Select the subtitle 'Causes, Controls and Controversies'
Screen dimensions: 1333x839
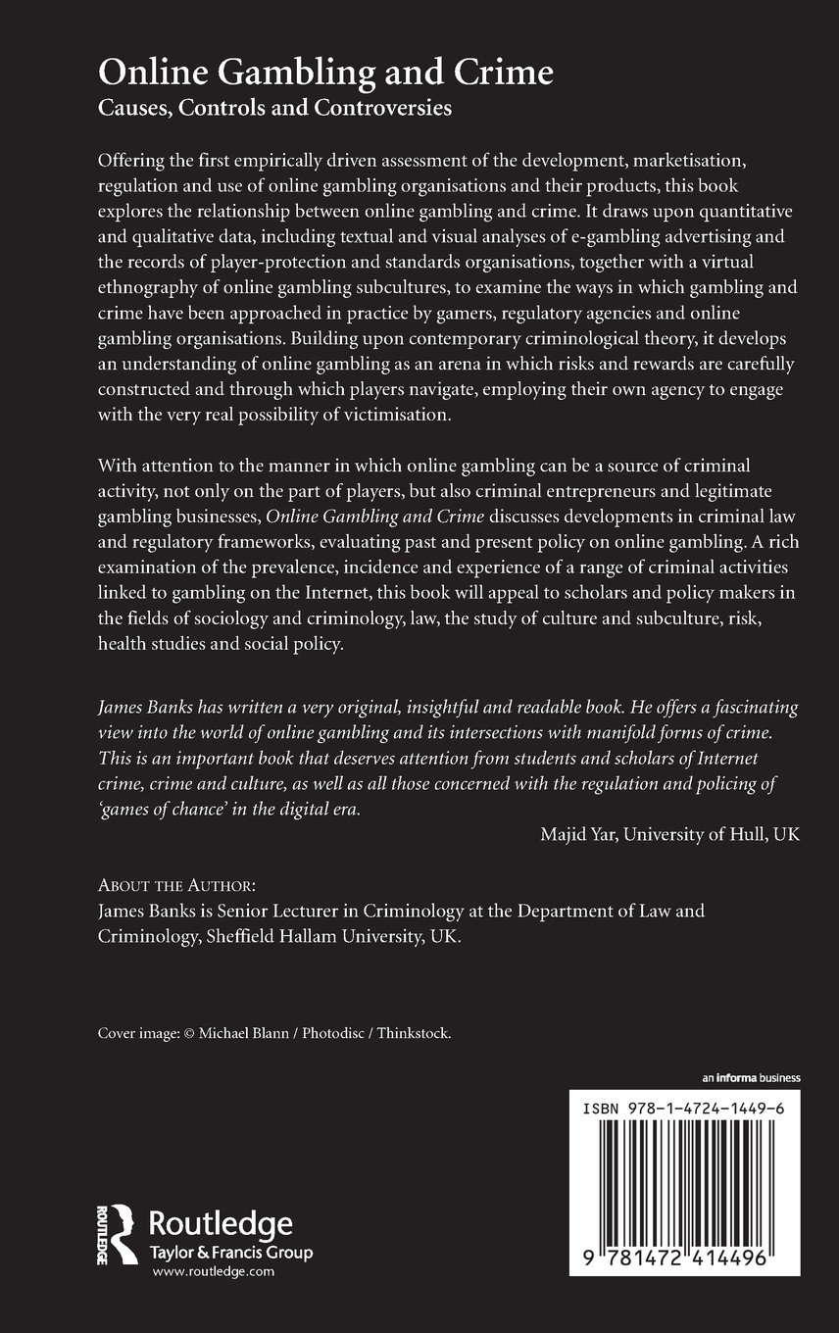tap(274, 109)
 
